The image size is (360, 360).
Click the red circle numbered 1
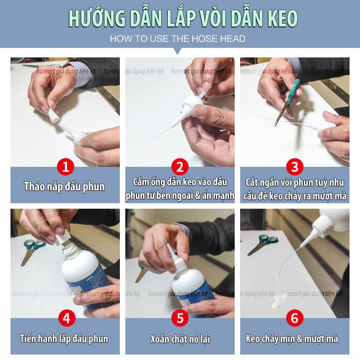[x=66, y=167]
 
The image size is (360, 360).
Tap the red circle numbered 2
[x=180, y=167]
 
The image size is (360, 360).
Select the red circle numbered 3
[x=295, y=167]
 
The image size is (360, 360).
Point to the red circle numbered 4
[x=67, y=318]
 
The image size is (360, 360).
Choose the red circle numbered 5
[x=180, y=318]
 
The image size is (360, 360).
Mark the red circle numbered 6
[x=295, y=318]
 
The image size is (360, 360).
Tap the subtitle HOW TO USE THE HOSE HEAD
[x=177, y=39]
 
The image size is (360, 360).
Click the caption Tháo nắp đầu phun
[x=65, y=186]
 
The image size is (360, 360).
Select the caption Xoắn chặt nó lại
[x=180, y=339]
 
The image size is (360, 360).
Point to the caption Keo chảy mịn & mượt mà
[x=292, y=339]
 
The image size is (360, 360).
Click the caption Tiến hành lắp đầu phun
[x=64, y=339]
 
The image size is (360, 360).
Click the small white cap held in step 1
[x=54, y=115]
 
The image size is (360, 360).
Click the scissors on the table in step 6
[x=262, y=244]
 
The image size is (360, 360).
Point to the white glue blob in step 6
[x=279, y=302]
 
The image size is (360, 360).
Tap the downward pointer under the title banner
[x=177, y=51]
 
